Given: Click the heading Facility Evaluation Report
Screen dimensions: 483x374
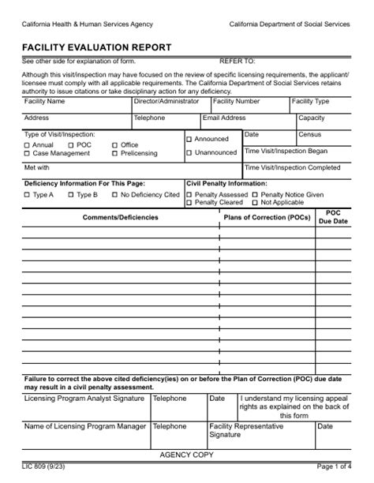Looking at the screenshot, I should point(97,47).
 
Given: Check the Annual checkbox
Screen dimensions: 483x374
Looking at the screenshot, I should point(28,145).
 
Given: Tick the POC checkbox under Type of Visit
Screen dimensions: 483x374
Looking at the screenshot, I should point(71,145).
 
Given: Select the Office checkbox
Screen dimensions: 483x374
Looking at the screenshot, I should point(114,145).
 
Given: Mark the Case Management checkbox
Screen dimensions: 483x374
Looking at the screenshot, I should point(28,154).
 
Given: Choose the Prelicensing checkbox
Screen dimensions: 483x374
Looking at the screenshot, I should point(114,154).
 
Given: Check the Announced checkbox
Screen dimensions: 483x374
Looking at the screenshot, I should point(189,140).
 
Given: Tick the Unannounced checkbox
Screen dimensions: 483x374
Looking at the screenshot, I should point(189,153).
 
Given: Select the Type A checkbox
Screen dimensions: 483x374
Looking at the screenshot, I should point(28,195).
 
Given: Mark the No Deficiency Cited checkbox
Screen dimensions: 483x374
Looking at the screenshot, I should point(114,195).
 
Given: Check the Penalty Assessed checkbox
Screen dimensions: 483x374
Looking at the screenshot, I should point(189,195).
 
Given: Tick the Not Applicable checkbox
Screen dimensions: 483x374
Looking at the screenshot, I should point(255,203).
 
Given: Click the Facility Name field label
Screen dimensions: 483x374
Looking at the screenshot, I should point(45,102).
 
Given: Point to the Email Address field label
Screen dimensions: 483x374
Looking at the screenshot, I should point(224,118).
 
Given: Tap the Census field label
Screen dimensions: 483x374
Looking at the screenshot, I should point(309,135).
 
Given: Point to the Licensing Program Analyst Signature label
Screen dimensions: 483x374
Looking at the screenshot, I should point(84,399).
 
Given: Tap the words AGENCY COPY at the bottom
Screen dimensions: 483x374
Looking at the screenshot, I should point(186,455).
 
